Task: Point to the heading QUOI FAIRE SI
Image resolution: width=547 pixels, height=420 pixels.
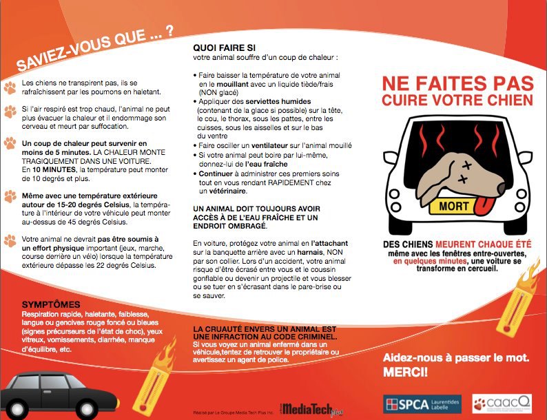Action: point(219,48)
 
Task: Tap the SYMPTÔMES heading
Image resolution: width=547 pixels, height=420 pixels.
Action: point(51,304)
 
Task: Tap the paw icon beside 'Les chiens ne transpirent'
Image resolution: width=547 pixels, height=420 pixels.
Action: point(10,87)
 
